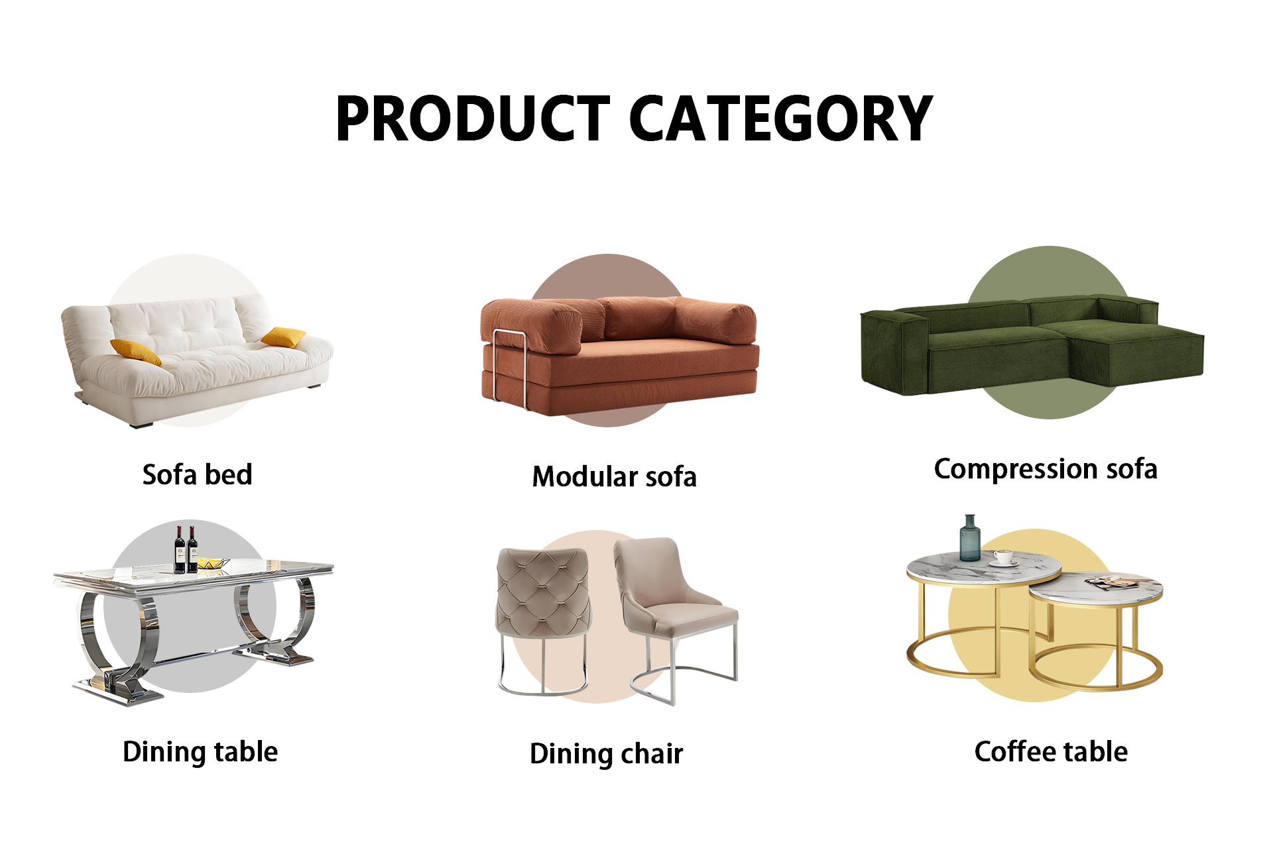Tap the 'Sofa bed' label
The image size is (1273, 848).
pos(198,475)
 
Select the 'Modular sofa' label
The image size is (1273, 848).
pos(615,477)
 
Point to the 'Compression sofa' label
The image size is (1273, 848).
pos(1046,470)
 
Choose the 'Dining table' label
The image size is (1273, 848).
pos(200,753)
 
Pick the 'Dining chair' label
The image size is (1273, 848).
pos(606,755)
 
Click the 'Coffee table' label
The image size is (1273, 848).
pos(1051,752)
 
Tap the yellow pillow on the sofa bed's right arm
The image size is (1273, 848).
pos(284,337)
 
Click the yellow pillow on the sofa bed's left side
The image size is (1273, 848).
pos(136,352)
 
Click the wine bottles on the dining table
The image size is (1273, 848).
pos(186,549)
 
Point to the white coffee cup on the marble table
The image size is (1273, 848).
pos(1003,557)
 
